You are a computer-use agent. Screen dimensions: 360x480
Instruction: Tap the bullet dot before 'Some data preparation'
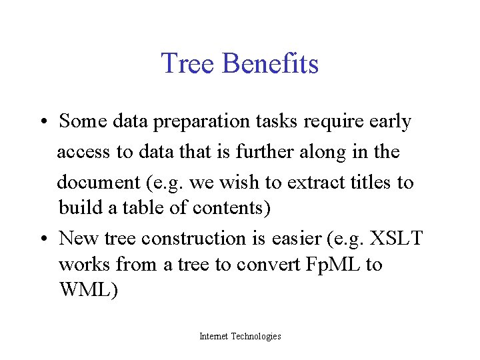[x=41, y=122]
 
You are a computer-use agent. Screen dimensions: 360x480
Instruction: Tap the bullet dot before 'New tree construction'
[x=41, y=238]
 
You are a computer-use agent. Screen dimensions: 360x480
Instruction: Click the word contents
[x=231, y=208]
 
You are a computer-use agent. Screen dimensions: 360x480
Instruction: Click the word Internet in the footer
[x=213, y=337]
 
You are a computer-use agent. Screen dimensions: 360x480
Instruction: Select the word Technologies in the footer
[x=256, y=337]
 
